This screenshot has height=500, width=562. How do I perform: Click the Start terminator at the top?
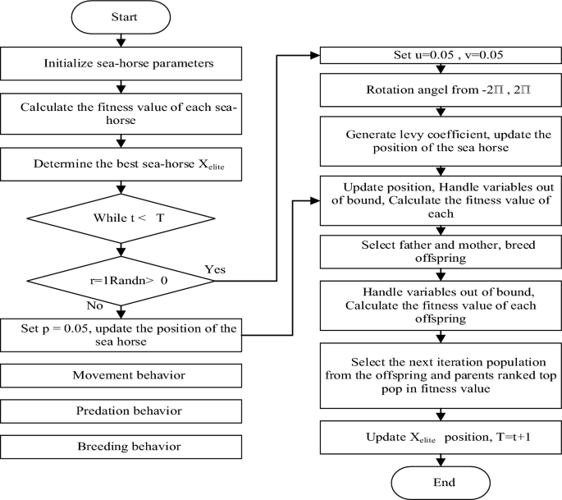coord(121,17)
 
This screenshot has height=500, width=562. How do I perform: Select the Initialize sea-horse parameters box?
coord(121,63)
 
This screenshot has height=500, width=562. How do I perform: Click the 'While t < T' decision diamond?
coord(121,218)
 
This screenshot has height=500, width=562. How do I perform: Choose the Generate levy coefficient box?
coord(441,140)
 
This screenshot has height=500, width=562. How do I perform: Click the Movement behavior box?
coord(121,376)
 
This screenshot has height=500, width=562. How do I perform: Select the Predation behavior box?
coord(121,411)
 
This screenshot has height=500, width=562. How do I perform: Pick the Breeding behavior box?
coord(121,446)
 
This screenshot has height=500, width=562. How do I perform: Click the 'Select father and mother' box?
coord(441,251)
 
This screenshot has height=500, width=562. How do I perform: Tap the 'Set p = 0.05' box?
coord(121,335)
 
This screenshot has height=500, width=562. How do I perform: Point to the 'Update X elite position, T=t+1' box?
coord(441,436)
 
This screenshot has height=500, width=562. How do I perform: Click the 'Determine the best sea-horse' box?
coord(121,163)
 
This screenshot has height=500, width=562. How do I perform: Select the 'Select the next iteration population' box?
coord(441,376)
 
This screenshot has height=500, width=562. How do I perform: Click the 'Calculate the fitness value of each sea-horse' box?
coord(121,113)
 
